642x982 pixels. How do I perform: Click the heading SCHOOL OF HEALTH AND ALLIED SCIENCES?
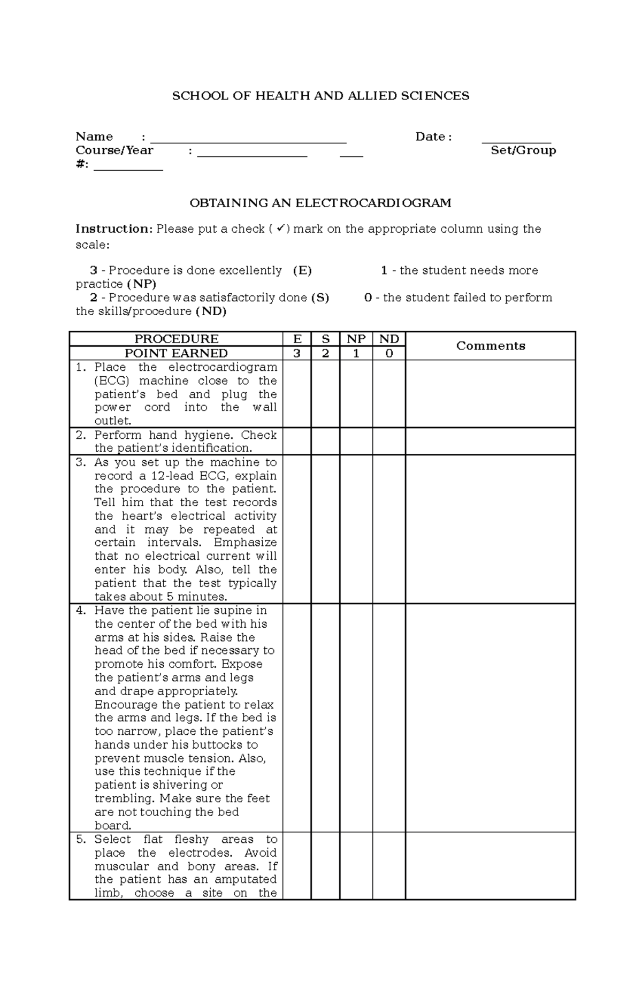(x=320, y=96)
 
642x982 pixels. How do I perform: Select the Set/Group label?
(x=523, y=150)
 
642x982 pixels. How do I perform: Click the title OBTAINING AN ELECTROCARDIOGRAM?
(x=320, y=203)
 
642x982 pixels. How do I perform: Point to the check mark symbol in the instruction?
(x=280, y=229)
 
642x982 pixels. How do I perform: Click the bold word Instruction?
(x=114, y=229)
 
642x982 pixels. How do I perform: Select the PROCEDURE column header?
(x=176, y=339)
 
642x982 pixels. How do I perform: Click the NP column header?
(x=356, y=339)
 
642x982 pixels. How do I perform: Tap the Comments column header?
(x=490, y=346)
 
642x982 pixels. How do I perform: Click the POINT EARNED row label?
(x=176, y=353)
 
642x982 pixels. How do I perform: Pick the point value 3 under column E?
(x=297, y=353)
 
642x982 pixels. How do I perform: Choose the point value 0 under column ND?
(x=389, y=353)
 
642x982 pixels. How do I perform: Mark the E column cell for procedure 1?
(x=297, y=393)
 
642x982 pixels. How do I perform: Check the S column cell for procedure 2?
(x=325, y=441)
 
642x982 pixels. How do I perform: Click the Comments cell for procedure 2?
(x=490, y=441)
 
